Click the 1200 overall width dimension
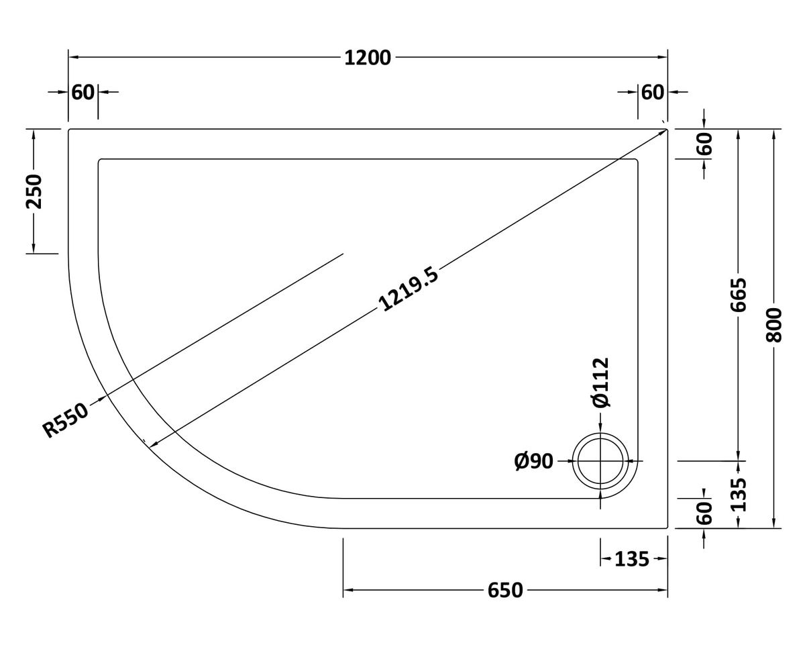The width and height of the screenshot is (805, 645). click(368, 58)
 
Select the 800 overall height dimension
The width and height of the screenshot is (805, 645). click(774, 325)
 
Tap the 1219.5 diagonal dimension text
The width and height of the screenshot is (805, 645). click(408, 289)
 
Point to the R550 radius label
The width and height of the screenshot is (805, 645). click(66, 419)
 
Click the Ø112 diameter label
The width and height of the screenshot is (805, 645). click(601, 382)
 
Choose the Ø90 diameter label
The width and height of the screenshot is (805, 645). click(533, 461)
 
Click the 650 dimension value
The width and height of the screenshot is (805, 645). click(505, 591)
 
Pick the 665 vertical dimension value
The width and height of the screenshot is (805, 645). click(738, 295)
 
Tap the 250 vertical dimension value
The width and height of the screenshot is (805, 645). click(34, 191)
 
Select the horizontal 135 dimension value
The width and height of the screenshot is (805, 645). click(632, 560)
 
